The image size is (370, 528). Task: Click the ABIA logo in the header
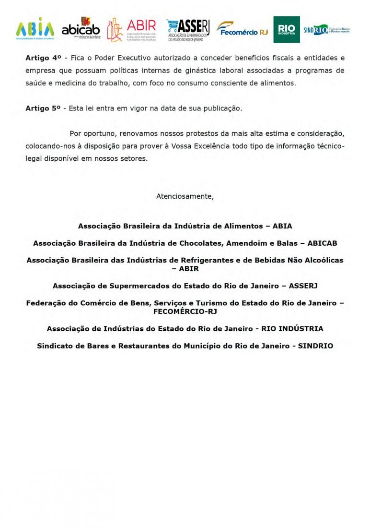coord(35,28)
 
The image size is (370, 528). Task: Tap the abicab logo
coord(81,28)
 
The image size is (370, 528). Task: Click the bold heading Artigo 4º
coord(43,58)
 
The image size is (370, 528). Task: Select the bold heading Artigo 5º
coord(43,108)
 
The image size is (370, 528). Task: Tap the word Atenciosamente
coord(185,196)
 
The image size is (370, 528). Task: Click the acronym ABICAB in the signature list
coord(322,243)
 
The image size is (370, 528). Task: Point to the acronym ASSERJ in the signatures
coord(303,286)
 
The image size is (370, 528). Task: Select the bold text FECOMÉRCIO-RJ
coord(185,311)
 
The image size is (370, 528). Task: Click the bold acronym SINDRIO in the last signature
coord(315,346)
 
